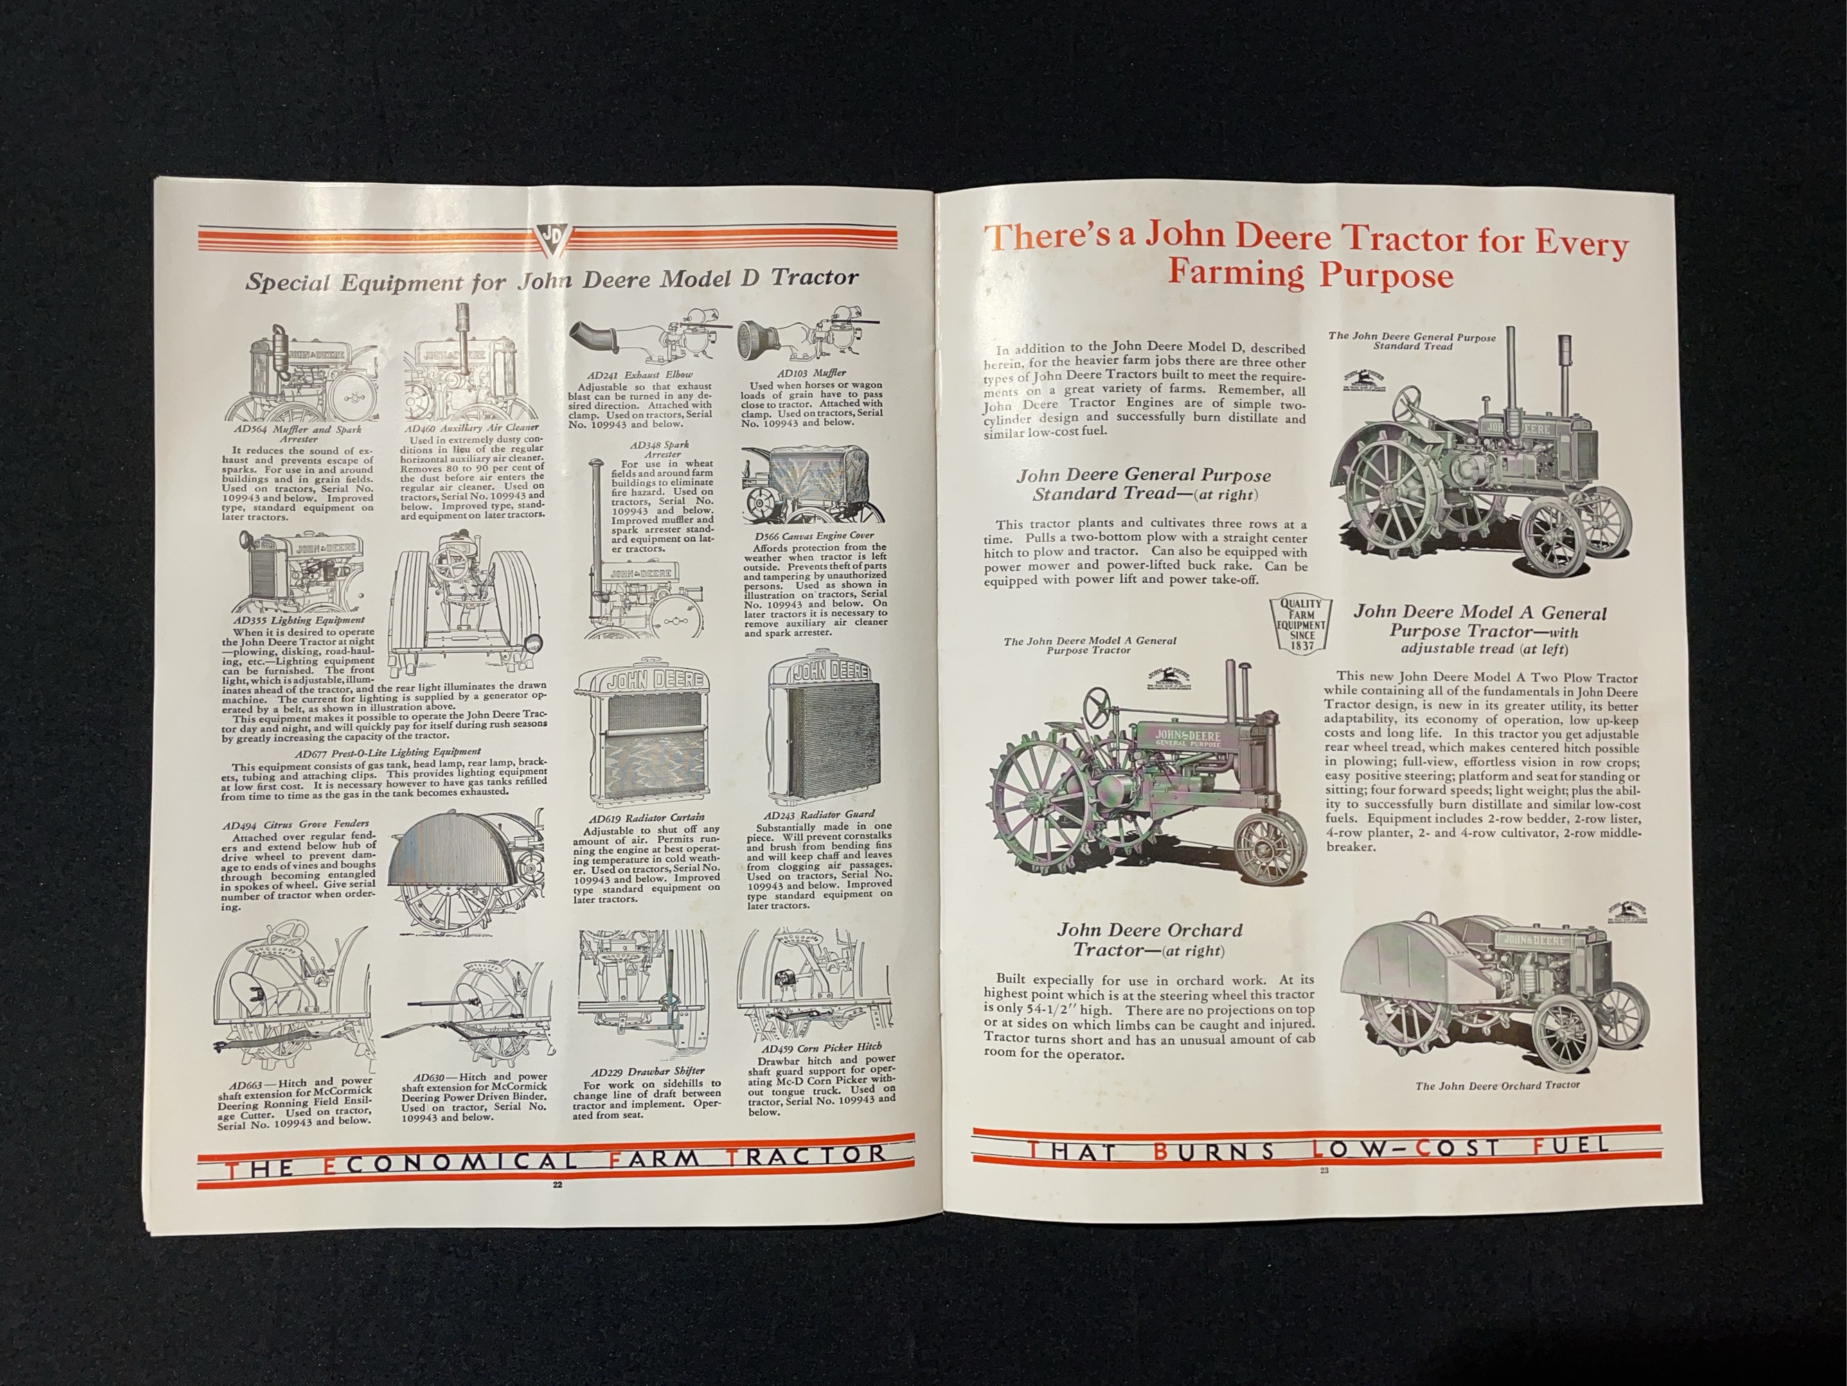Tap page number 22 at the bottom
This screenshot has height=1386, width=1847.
[557, 1184]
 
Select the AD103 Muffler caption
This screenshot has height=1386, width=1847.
[800, 373]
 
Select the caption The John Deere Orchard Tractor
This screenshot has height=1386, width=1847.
[1497, 1085]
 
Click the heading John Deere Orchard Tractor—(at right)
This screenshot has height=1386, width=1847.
[1149, 940]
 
